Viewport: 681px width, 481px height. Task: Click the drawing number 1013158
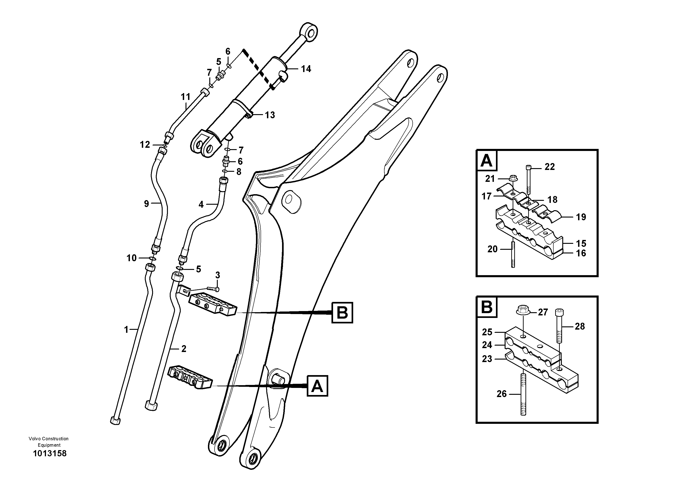(x=50, y=453)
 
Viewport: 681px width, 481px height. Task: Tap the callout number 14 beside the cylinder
(x=306, y=69)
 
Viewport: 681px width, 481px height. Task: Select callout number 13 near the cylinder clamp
(x=270, y=115)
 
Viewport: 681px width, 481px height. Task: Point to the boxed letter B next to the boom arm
(x=342, y=313)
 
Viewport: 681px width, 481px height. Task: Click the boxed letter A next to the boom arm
(x=317, y=386)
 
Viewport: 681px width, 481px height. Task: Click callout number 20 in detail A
(x=492, y=249)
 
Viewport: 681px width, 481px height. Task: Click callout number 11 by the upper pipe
(x=186, y=97)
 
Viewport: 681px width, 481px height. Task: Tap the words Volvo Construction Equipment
(x=49, y=442)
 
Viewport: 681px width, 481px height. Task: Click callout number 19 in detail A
(x=581, y=217)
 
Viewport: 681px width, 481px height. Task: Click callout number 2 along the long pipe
(x=184, y=349)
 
